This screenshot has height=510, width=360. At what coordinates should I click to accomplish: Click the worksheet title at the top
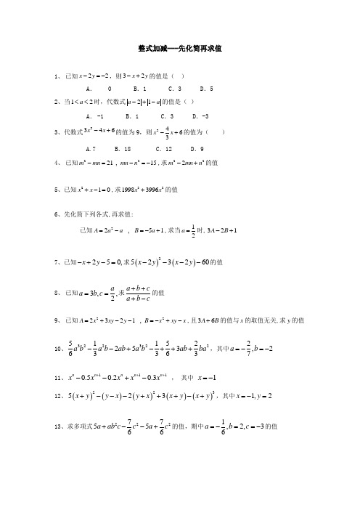click(179, 48)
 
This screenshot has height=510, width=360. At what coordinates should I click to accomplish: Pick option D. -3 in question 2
click(200, 116)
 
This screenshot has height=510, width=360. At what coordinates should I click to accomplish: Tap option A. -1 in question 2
click(94, 116)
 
